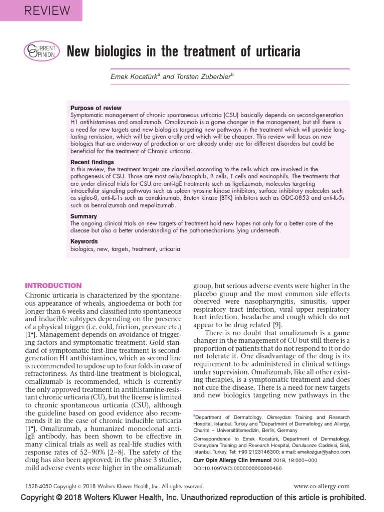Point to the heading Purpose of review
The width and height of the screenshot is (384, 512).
[96, 108]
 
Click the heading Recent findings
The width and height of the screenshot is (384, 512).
[92, 162]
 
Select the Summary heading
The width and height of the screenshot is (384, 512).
[83, 216]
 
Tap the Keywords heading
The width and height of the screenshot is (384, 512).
[84, 241]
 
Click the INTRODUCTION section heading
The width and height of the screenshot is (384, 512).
[53, 286]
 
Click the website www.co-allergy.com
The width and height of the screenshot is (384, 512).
[321, 486]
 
